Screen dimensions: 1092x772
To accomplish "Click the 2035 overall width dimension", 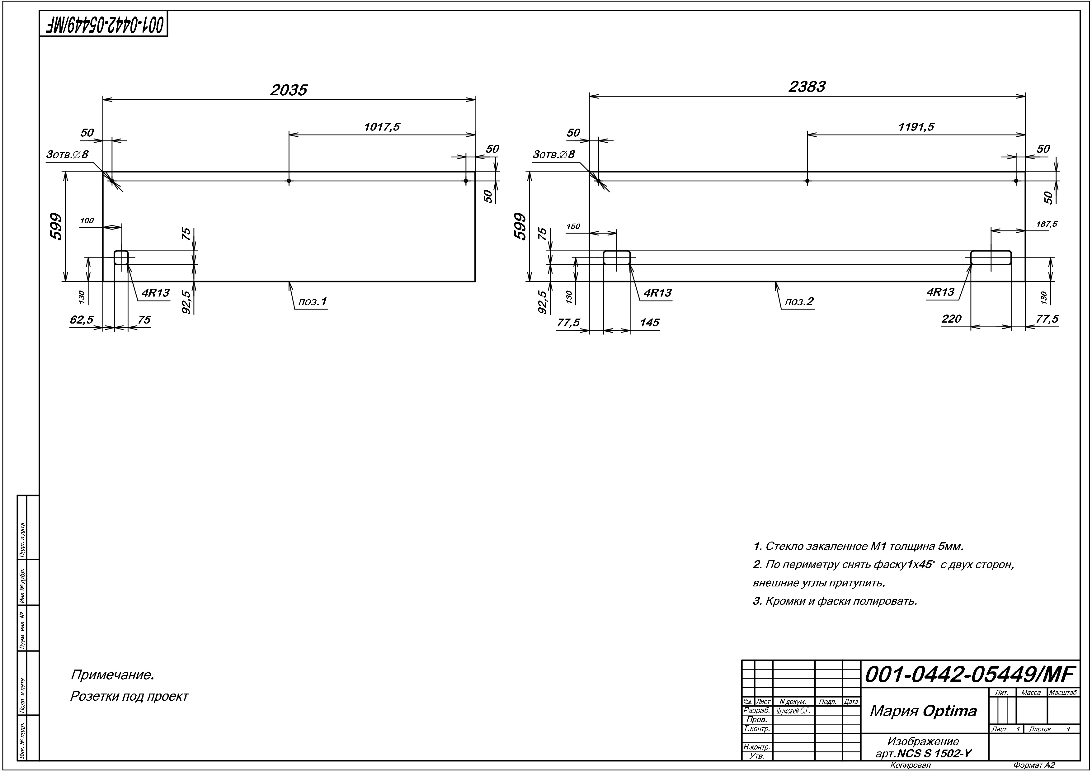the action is coord(289,90).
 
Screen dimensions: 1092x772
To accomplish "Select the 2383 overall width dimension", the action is coord(807,87).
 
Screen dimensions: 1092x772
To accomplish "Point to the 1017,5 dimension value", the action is coord(382,127).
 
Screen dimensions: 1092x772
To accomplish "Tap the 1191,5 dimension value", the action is coord(916,127).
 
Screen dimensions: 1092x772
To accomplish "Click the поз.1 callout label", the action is coord(313,301).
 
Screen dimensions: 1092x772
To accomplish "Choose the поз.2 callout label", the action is coord(799,301).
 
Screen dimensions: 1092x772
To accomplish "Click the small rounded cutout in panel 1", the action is coord(121,257).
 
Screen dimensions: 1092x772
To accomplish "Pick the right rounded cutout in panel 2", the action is coord(991,257).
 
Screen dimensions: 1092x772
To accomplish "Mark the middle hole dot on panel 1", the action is coord(289,181).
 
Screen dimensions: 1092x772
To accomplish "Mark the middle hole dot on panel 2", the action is coord(807,181).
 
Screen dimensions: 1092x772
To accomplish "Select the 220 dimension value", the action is coord(951,319).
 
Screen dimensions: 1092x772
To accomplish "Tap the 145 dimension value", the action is coord(649,323).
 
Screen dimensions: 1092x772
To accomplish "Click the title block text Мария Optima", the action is coord(923,711).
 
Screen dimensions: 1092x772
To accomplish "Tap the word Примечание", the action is coord(112,675).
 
